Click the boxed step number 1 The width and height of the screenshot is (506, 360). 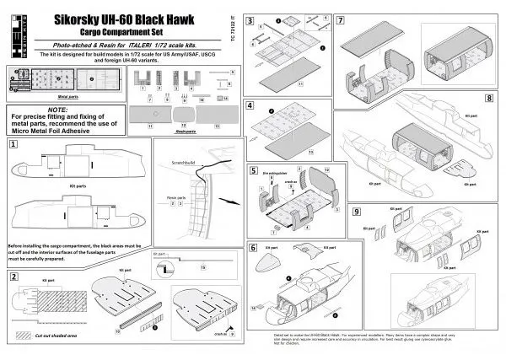(x=13, y=145)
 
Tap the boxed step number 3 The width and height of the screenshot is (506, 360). (x=250, y=19)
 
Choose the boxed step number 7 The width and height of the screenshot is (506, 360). (x=339, y=19)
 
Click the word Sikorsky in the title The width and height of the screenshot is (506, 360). (x=79, y=15)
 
